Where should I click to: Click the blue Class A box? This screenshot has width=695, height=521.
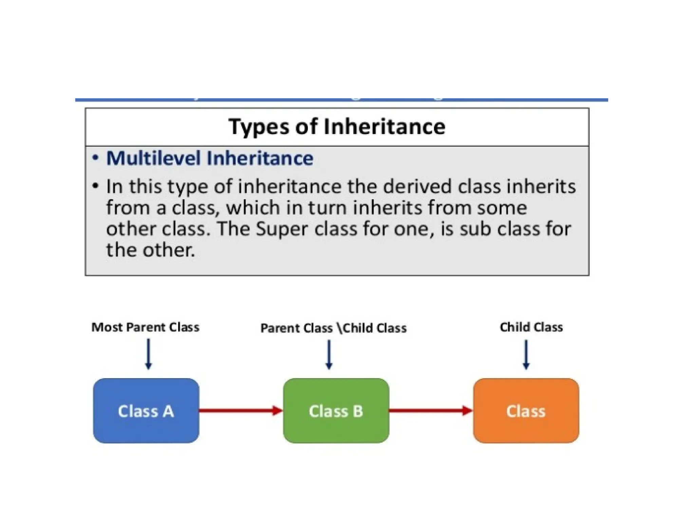point(146,411)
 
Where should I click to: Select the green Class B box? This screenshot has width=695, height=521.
point(336,411)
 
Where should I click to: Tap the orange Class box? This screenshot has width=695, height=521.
point(526,411)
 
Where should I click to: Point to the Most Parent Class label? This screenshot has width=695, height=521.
point(145,327)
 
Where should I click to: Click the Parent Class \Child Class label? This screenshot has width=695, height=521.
point(333,328)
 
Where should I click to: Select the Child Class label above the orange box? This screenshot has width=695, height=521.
point(531,327)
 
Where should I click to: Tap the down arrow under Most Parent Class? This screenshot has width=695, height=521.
point(148,354)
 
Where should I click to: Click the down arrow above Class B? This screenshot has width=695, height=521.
point(329,354)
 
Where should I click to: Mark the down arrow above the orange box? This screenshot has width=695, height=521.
point(526,354)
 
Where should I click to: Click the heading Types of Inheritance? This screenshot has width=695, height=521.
point(337,127)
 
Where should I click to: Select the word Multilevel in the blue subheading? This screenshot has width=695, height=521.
point(153,158)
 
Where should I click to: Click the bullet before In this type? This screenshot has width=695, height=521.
point(96,186)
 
